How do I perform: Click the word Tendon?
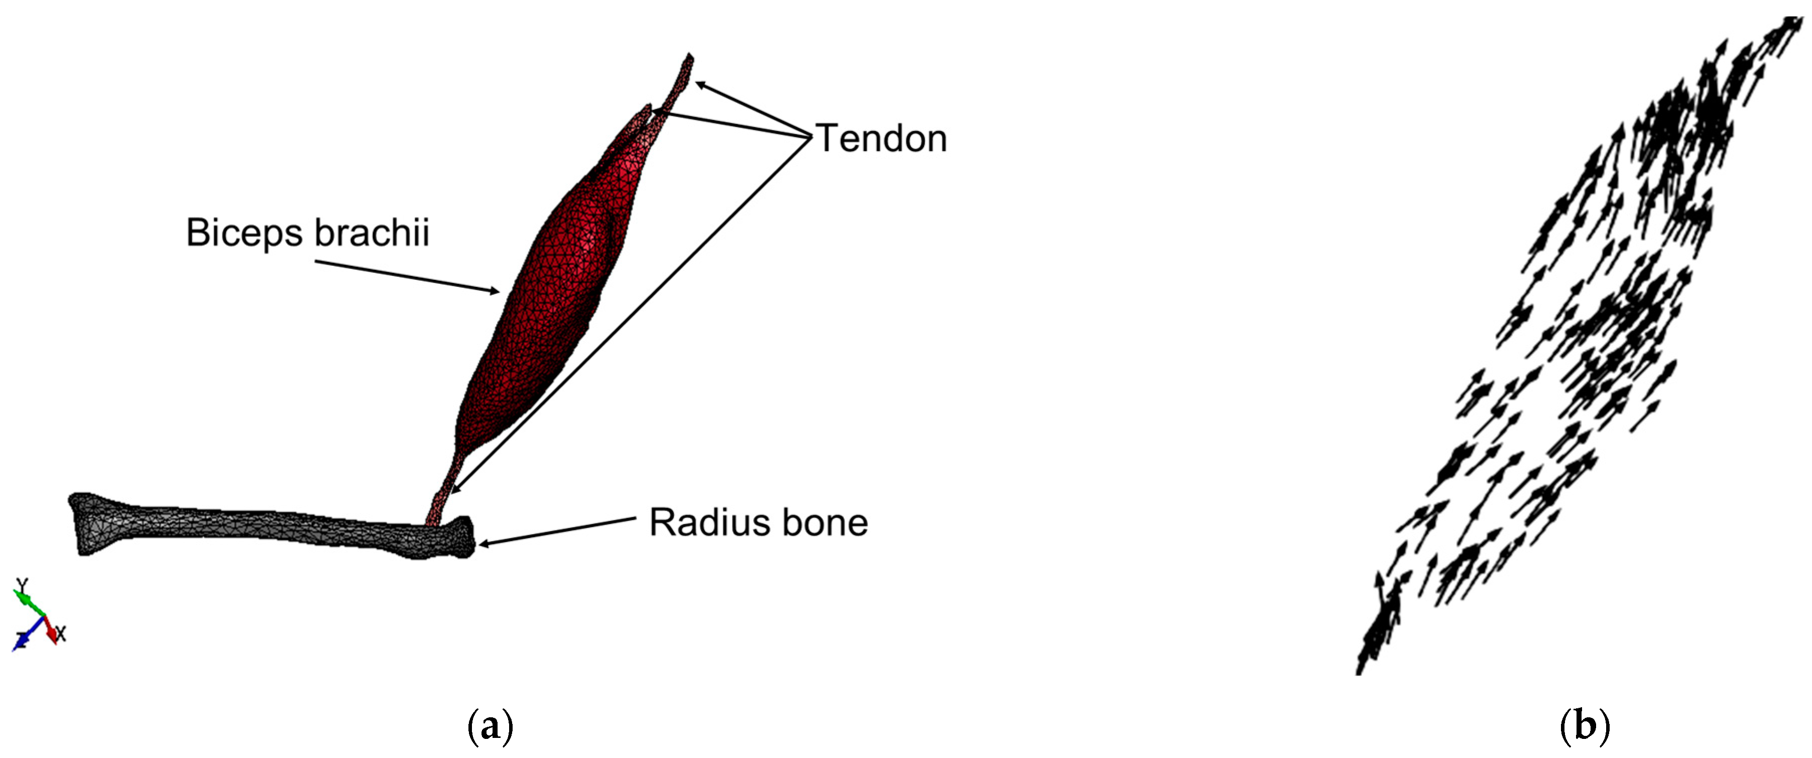(x=881, y=139)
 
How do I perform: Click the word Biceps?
(x=244, y=233)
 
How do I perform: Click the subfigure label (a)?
(x=491, y=726)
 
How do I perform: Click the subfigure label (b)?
(x=1585, y=726)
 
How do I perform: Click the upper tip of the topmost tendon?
(x=689, y=58)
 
